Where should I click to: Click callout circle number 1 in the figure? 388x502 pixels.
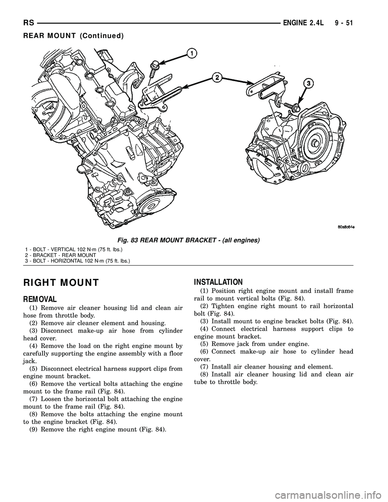(x=192, y=53)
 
